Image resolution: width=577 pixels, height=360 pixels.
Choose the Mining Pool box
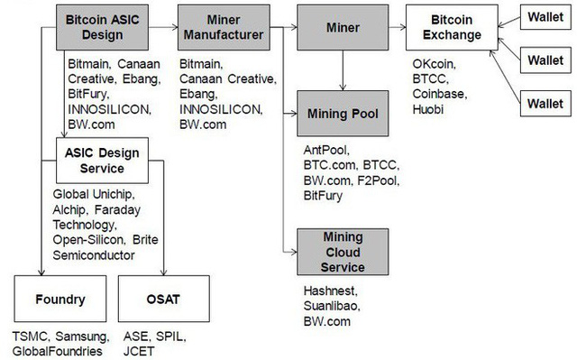343,115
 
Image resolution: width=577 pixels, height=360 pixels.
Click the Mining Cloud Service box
343,254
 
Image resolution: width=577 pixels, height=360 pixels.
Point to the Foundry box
60,299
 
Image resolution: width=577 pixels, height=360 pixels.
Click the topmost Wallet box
545,18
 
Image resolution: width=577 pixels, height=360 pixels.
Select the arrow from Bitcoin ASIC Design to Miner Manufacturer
162,27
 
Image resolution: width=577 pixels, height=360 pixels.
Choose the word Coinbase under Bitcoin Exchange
439,94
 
